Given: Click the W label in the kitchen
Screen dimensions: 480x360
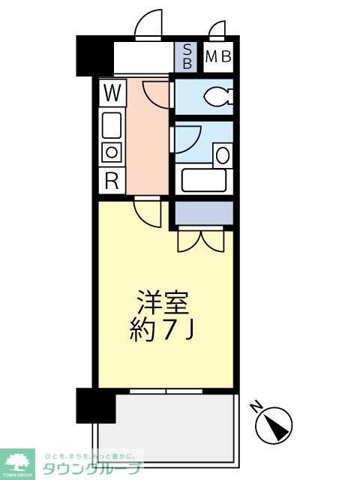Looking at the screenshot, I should click(x=112, y=94).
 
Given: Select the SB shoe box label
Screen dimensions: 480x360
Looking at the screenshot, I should click(x=187, y=56).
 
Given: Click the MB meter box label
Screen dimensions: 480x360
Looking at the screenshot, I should click(x=217, y=56).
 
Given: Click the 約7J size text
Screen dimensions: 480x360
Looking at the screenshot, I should click(x=163, y=331).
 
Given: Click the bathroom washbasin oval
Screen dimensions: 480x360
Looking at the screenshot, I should click(x=223, y=155).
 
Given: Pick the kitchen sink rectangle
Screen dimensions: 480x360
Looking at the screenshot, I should click(x=112, y=124).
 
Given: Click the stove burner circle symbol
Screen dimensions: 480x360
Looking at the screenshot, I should click(x=112, y=152).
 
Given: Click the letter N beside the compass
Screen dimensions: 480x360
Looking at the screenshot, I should click(x=256, y=407).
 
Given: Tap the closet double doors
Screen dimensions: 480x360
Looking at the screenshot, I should click(x=201, y=241).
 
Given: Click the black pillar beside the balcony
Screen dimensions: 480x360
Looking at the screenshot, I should click(x=95, y=405).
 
